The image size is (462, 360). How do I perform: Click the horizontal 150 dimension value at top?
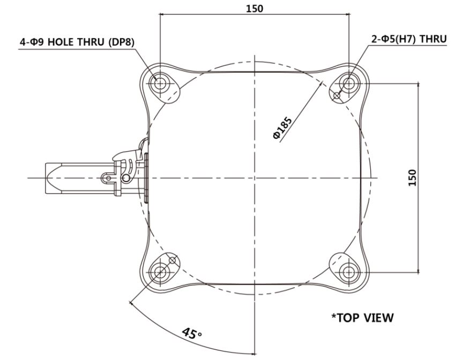pyautogui.click(x=254, y=9)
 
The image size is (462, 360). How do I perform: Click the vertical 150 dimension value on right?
pyautogui.click(x=413, y=178)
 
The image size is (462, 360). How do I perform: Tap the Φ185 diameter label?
pyautogui.click(x=282, y=128)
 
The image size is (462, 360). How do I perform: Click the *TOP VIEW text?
pyautogui.click(x=362, y=318)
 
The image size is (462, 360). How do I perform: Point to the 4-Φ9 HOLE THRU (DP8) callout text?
pyautogui.click(x=77, y=42)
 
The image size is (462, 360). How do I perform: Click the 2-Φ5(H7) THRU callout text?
pyautogui.click(x=409, y=39)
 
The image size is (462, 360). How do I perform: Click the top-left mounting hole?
pyautogui.click(x=160, y=84)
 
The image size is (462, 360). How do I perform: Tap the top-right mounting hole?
pyautogui.click(x=349, y=84)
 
